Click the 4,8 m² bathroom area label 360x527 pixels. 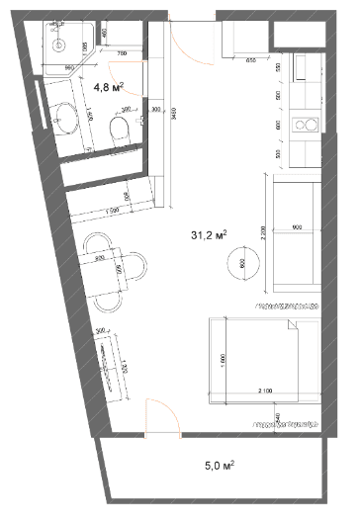click(107, 87)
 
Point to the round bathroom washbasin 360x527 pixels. click(67, 117)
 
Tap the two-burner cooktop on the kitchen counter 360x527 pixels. click(307, 126)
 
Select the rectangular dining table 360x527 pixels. click(110, 270)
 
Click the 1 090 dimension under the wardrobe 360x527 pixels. click(111, 212)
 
